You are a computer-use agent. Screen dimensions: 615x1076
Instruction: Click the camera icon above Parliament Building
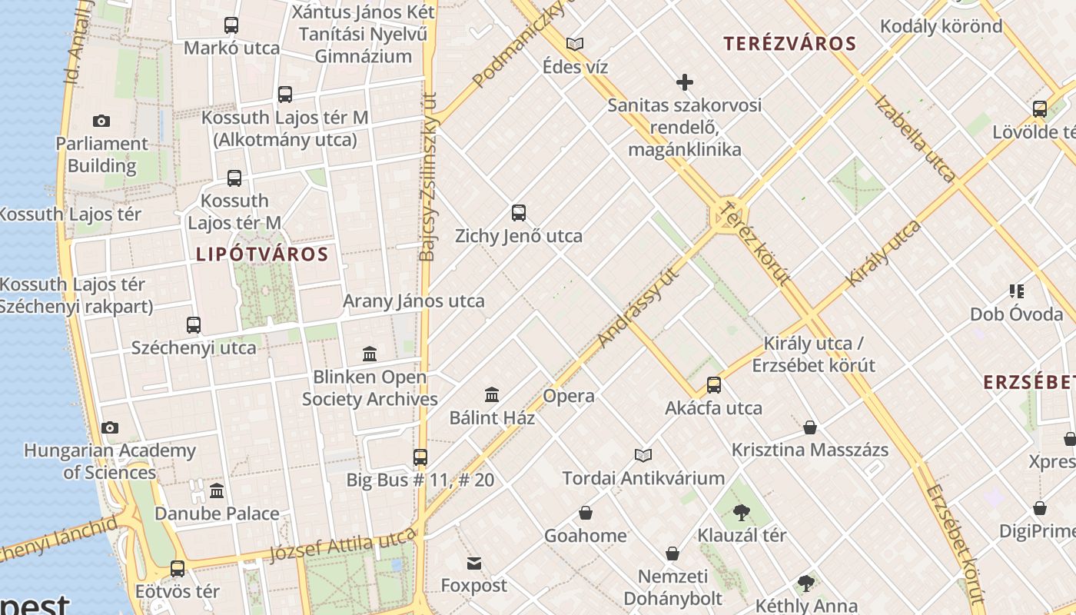[x=101, y=121]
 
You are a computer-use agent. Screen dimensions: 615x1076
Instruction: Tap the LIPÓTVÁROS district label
[x=262, y=254]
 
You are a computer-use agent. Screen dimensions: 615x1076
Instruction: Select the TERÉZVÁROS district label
[x=789, y=44]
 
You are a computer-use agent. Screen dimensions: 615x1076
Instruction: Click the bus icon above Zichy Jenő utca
[x=519, y=213]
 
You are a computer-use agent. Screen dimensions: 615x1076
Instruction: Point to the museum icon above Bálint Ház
[x=492, y=395]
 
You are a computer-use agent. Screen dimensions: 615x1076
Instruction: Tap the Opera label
[x=569, y=396]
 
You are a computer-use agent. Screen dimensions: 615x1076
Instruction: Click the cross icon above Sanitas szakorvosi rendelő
[x=684, y=82]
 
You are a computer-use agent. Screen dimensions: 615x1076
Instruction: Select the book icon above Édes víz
[x=575, y=44]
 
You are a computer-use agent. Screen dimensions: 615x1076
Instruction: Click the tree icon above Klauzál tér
[x=742, y=512]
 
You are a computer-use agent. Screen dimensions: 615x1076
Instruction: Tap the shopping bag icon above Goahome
[x=586, y=513]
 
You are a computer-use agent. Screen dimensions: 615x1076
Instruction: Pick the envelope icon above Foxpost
[x=474, y=563]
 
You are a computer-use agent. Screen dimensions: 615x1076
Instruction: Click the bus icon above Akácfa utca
[x=714, y=385]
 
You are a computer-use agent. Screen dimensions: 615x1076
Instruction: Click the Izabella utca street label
[x=915, y=138]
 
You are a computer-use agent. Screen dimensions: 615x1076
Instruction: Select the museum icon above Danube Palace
[x=217, y=490]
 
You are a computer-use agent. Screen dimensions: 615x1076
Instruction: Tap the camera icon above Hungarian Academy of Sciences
[x=110, y=427]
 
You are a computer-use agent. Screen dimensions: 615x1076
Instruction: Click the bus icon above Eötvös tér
[x=178, y=569]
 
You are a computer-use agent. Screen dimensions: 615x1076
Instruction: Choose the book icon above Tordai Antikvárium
[x=643, y=455]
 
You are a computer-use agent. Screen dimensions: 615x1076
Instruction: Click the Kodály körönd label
[x=941, y=26]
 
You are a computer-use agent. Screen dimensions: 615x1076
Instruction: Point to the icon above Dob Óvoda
[x=1017, y=291]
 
